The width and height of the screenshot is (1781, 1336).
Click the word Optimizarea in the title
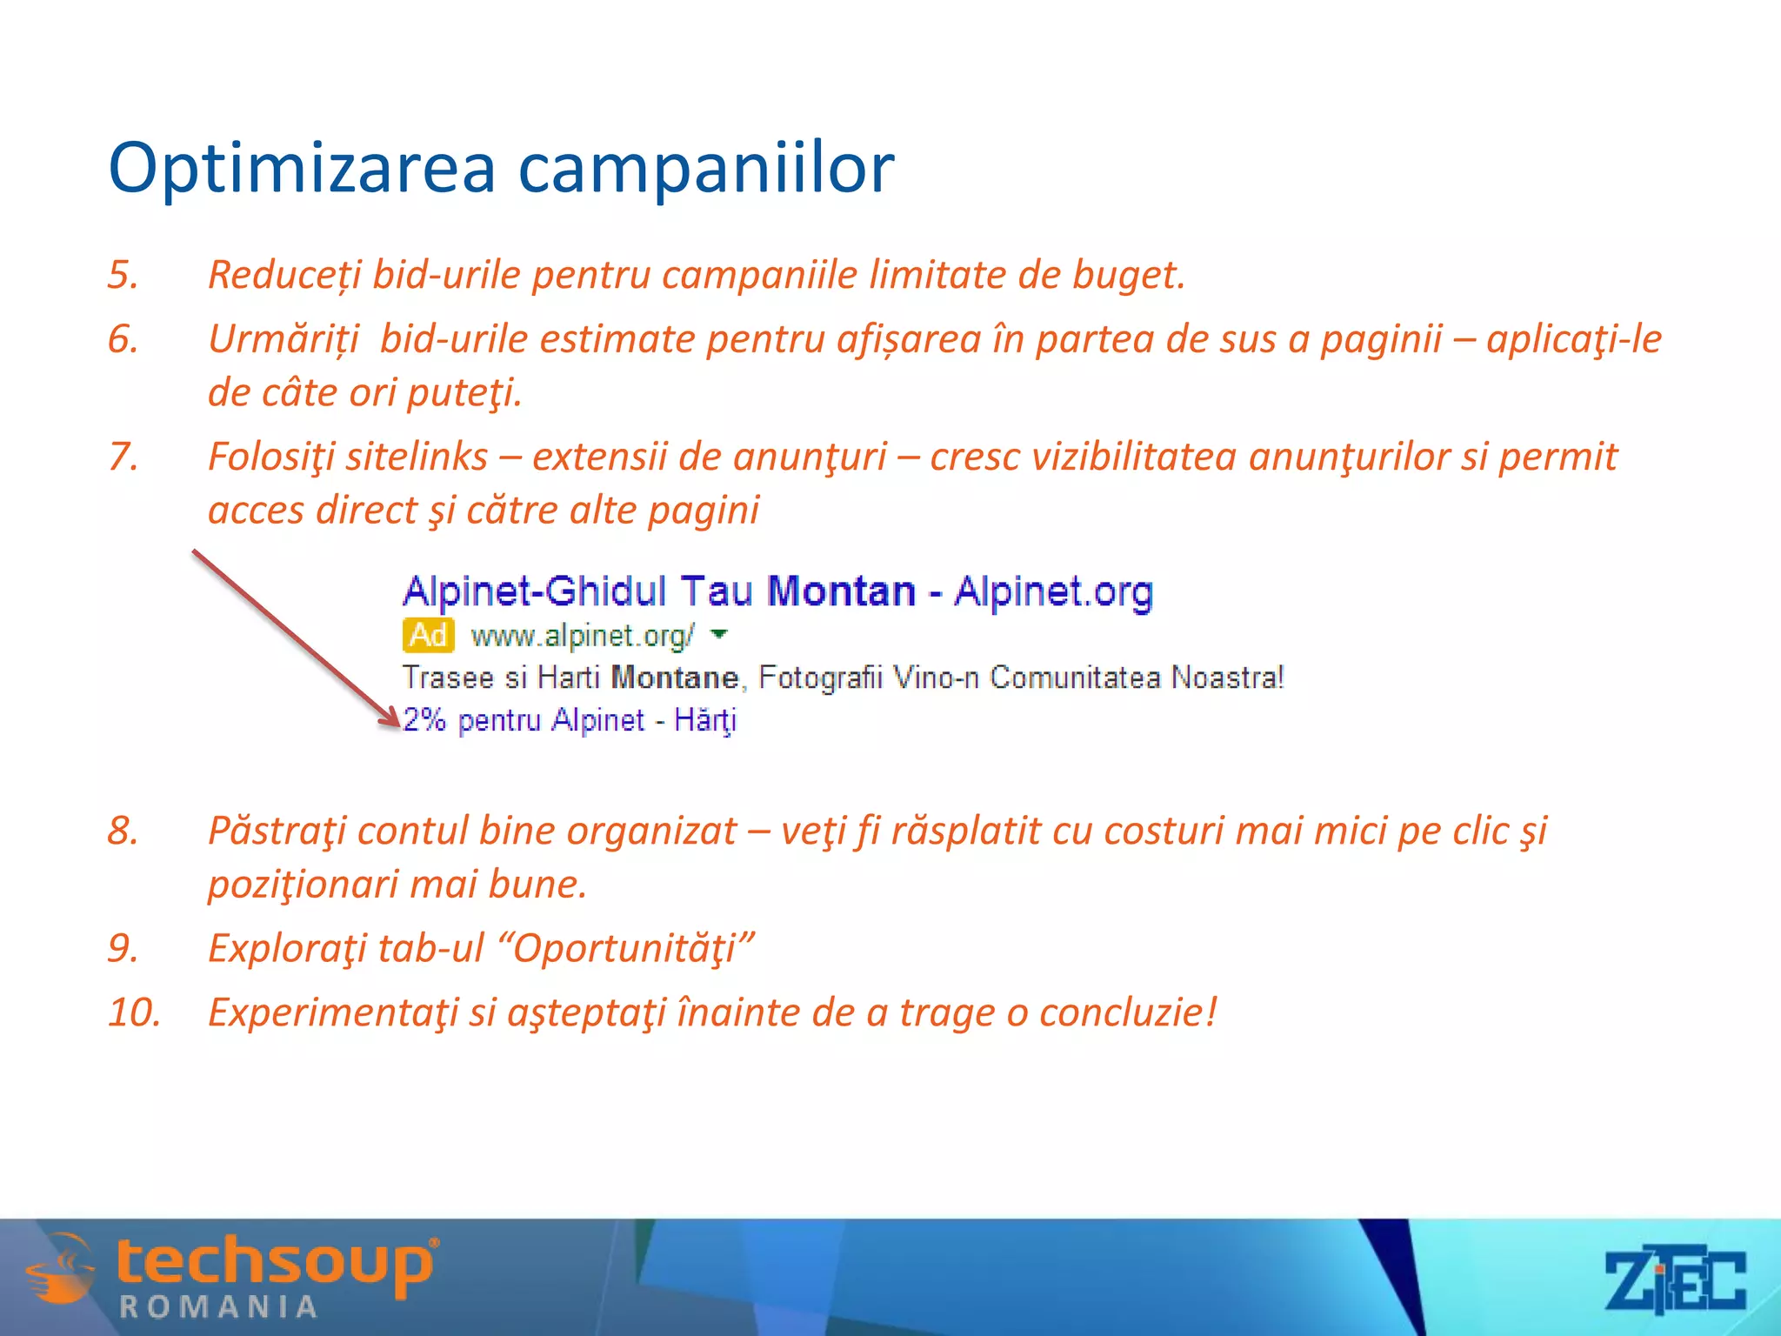[301, 168]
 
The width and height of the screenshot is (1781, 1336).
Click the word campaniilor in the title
[705, 168]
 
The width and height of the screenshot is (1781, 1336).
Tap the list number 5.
[123, 275]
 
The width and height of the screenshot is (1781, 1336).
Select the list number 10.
[134, 1012]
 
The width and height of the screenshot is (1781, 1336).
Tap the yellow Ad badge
[428, 636]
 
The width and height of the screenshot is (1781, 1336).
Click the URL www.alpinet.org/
[582, 637]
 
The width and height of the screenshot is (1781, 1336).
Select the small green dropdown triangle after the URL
[718, 634]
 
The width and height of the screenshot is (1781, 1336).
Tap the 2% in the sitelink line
[424, 720]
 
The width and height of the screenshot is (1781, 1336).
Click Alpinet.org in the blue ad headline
[1053, 591]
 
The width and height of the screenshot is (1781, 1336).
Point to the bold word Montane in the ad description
[675, 678]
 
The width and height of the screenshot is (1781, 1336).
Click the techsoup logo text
[275, 1263]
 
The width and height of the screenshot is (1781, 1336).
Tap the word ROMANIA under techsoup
[218, 1307]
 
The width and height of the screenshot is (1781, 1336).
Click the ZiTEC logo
[1674, 1280]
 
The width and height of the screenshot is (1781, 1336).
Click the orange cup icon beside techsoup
[59, 1270]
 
